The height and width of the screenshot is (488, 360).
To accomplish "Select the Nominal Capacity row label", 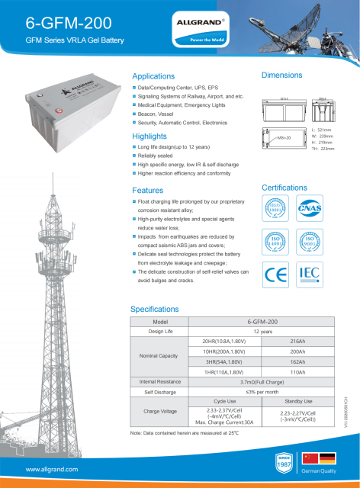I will pos(159,356).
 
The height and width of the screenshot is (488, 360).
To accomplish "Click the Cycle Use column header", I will pos(225,400).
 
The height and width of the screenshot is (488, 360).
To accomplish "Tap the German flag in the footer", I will pos(327,458).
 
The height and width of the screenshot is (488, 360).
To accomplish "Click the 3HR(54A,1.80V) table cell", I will pos(225,361).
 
